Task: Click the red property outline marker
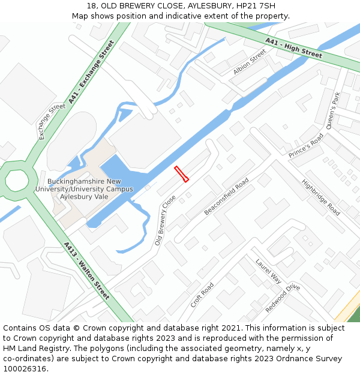click(181, 173)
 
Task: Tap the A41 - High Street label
click(293, 47)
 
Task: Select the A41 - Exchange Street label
click(91, 72)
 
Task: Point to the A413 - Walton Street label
click(86, 271)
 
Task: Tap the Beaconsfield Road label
click(226, 196)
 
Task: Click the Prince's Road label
click(306, 146)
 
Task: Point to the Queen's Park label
click(333, 111)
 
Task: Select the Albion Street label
click(249, 62)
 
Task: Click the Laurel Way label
click(268, 271)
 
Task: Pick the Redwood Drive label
click(283, 298)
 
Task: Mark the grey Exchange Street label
click(52, 122)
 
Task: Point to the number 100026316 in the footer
click(25, 368)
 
